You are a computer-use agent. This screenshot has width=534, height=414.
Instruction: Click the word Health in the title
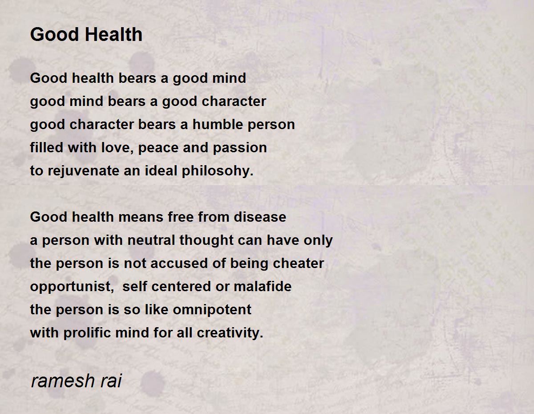(114, 34)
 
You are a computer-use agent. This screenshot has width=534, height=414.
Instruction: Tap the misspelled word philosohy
(218, 171)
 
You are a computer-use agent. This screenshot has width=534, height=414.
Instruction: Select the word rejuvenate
(84, 171)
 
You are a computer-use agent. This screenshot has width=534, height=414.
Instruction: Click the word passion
(239, 148)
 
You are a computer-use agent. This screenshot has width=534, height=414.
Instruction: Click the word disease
(260, 217)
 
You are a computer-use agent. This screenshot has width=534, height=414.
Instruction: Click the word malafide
(263, 286)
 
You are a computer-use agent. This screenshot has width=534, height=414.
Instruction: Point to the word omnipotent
(212, 310)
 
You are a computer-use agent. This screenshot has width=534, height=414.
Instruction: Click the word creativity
(230, 333)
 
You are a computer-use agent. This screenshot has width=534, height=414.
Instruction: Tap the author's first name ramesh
(63, 381)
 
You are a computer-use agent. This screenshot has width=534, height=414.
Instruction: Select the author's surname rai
(111, 381)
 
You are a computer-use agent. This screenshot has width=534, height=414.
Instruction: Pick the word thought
(206, 240)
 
